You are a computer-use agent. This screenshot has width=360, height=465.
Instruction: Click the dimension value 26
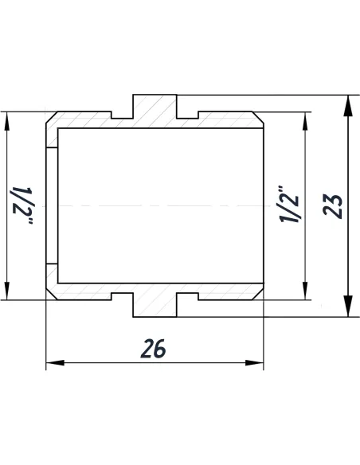click(155, 348)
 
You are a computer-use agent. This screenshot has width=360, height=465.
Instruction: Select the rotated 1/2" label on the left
click(20, 205)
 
